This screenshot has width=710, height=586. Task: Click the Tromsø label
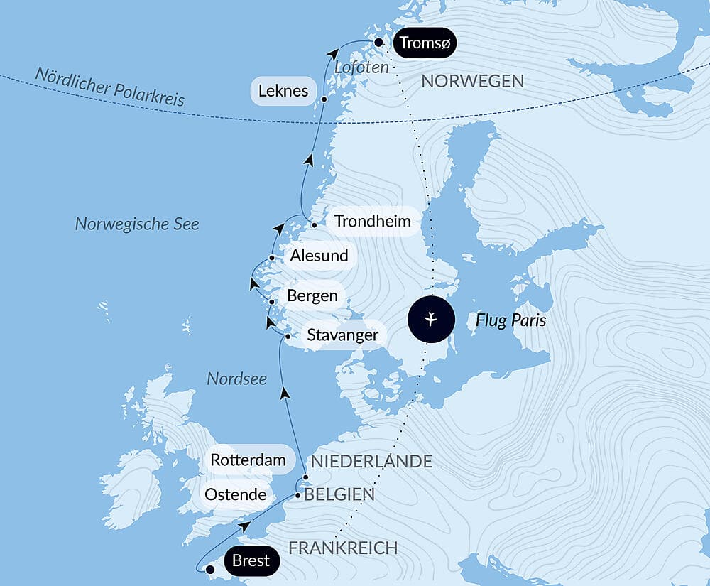[x=424, y=43]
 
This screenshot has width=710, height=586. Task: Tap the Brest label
[x=251, y=561]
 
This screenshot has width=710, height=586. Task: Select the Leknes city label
[x=283, y=91]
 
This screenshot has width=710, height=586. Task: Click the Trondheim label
[x=372, y=221]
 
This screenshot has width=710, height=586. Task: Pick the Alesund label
[x=319, y=256]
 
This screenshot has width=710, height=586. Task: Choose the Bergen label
[x=312, y=295]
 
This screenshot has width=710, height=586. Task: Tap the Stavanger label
[x=342, y=335]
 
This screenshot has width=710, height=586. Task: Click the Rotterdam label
[x=248, y=460]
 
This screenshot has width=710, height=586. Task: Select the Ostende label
[x=235, y=494]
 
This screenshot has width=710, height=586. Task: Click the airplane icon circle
[x=432, y=320]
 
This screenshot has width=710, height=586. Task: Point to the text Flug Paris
[x=510, y=320]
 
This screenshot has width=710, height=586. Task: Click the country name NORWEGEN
[x=472, y=81]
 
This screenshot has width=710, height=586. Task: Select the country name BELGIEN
[x=339, y=495]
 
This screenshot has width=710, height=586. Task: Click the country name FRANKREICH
[x=342, y=548]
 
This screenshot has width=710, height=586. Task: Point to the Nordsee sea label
[x=236, y=379]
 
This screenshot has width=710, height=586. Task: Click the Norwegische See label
[x=137, y=224]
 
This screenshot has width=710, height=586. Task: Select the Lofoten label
[x=361, y=67]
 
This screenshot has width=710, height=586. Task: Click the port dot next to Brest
[x=209, y=569]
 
